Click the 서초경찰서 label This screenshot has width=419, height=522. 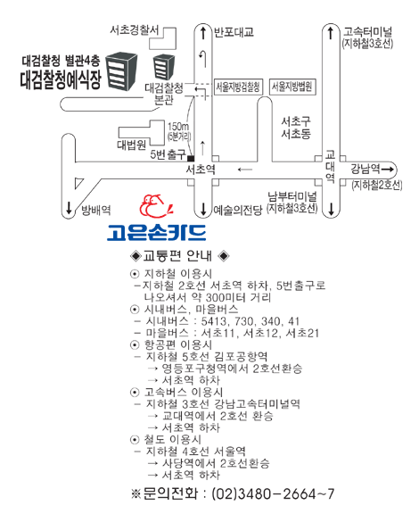[x=135, y=30]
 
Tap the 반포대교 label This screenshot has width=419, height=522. [x=234, y=32]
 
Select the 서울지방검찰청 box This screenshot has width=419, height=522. [x=238, y=87]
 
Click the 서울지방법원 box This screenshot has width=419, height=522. [x=292, y=87]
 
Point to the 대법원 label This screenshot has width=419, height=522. [x=131, y=145]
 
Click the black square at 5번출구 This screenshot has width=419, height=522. [x=191, y=159]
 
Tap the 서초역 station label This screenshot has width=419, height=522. [x=201, y=170]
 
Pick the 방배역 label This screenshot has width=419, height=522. [x=96, y=210]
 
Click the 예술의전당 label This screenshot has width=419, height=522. [x=238, y=210]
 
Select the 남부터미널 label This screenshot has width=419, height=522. [x=292, y=196]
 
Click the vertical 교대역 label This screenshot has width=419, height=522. [x=330, y=166]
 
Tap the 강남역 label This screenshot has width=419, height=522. [x=366, y=169]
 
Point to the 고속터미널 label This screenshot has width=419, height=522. [x=368, y=32]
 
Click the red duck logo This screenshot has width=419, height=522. [x=156, y=206]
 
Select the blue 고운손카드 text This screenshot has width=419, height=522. [x=156, y=233]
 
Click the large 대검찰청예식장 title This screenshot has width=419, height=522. [x=61, y=80]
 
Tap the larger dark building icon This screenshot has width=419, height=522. [x=121, y=71]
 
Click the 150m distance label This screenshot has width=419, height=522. [x=178, y=127]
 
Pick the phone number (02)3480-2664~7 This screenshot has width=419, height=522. [x=273, y=493]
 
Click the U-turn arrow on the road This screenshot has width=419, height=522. [x=203, y=59]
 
